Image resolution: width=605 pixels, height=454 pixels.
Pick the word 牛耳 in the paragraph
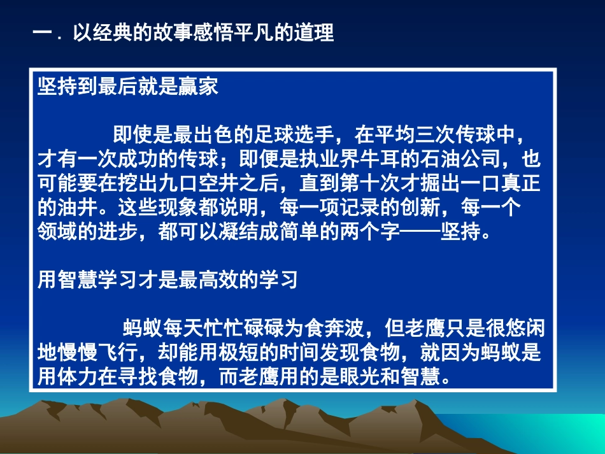[x=380, y=159]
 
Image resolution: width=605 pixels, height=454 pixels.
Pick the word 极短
[x=238, y=352]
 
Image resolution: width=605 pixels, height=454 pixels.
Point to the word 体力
[x=78, y=376]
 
